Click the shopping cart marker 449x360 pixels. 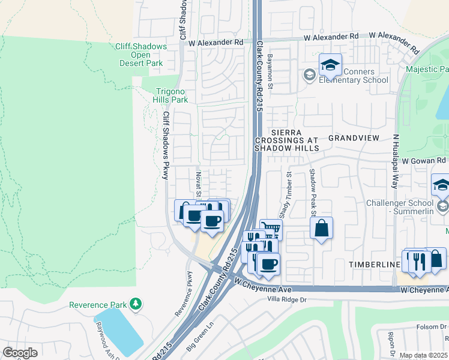pyautogui.click(x=271, y=228)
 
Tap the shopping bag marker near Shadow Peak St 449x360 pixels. pyautogui.click(x=322, y=228)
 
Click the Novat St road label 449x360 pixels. pyautogui.click(x=197, y=181)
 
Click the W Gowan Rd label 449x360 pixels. pyautogui.click(x=424, y=161)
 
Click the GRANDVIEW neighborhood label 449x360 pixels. pyautogui.click(x=354, y=137)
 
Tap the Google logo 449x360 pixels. pyautogui.click(x=20, y=353)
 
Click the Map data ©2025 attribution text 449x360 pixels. pyautogui.click(x=423, y=355)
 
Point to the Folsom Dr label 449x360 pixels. pyautogui.click(x=432, y=327)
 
